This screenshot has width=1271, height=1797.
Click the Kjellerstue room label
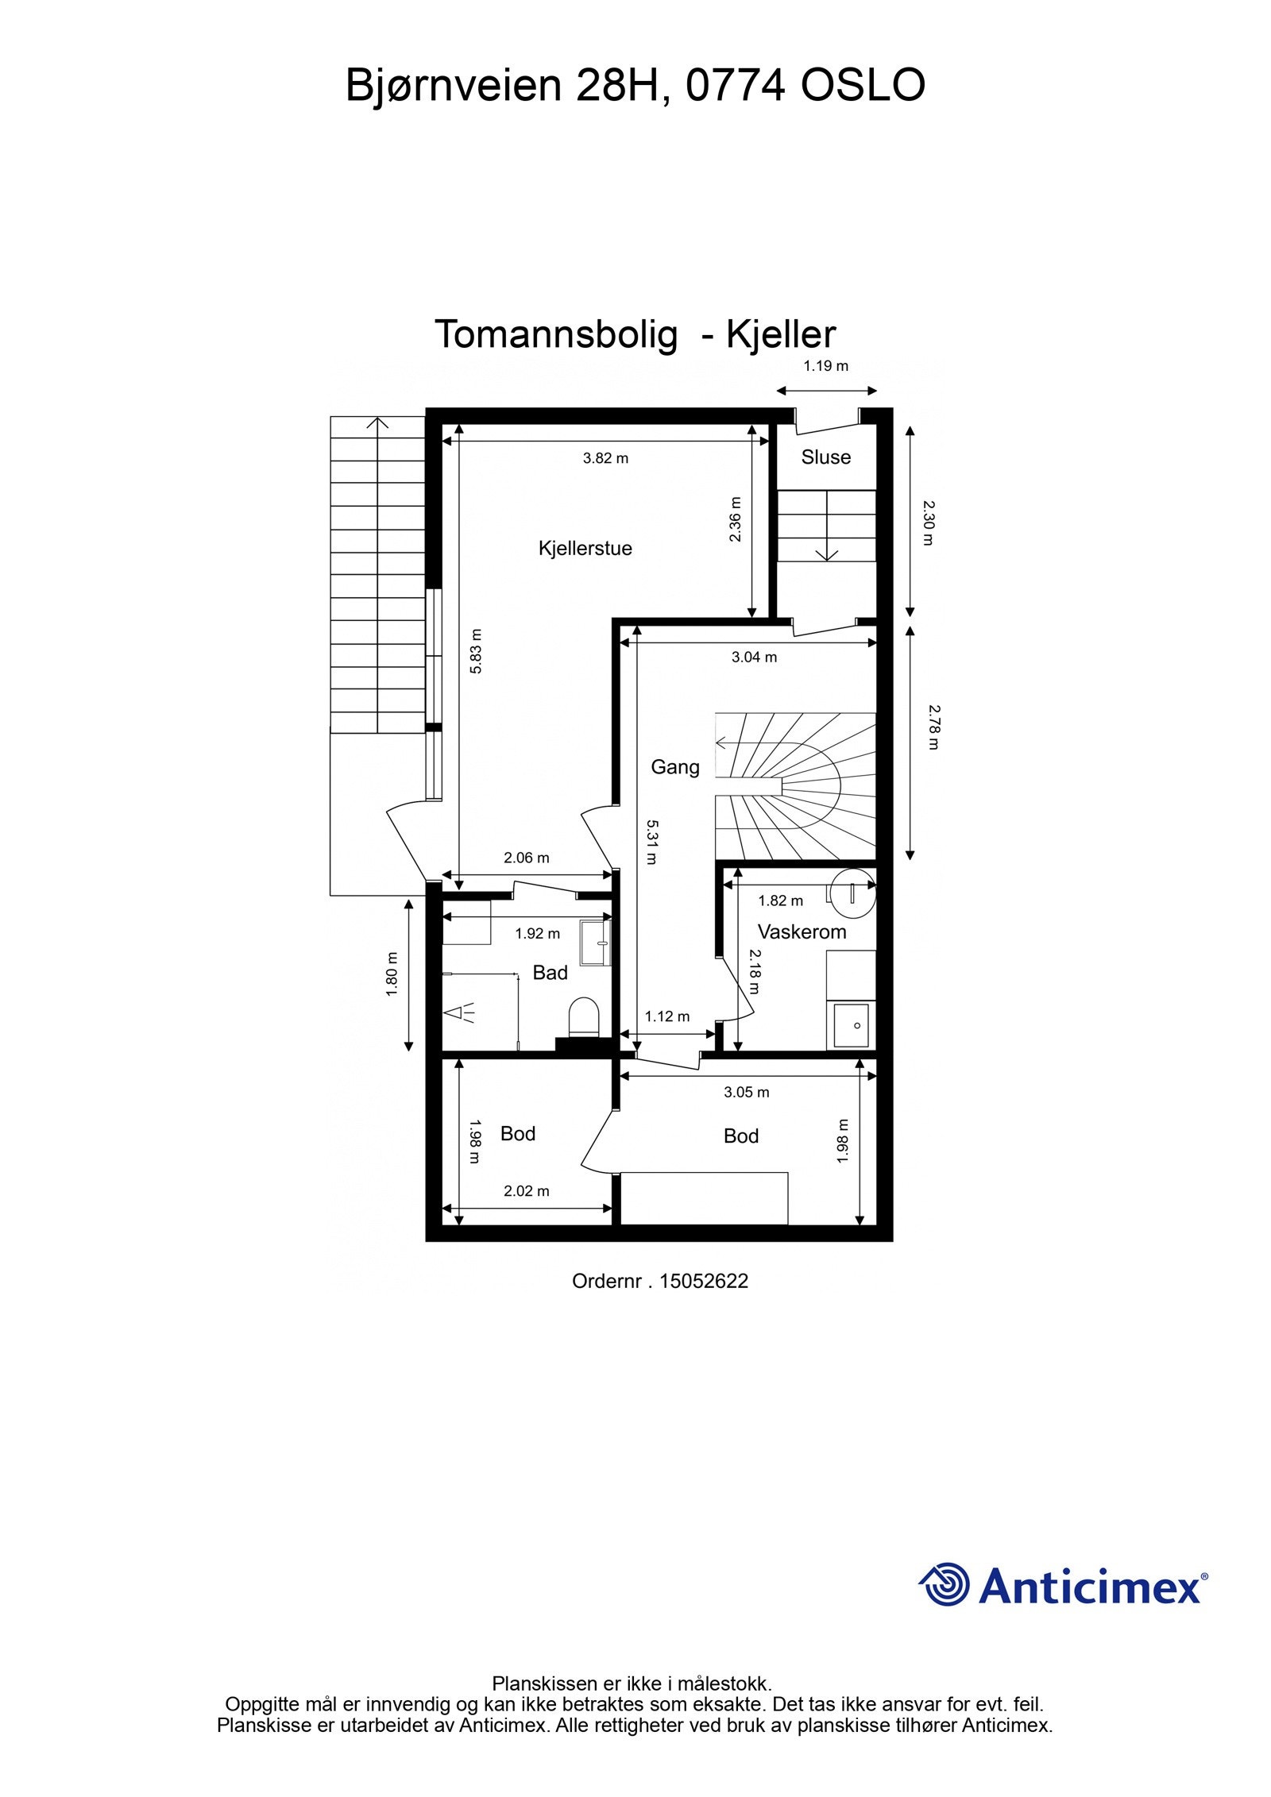tap(585, 548)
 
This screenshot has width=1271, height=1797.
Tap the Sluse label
tap(825, 457)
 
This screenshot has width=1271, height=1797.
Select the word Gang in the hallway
tap(675, 767)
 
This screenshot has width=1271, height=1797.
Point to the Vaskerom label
tap(802, 931)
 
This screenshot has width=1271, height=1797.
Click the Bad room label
tap(550, 973)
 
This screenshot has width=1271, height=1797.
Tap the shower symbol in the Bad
tap(460, 1012)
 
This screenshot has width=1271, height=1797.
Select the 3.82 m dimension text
tap(605, 457)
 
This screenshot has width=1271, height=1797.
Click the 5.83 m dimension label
tap(476, 651)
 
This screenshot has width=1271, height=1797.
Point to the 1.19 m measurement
tap(826, 366)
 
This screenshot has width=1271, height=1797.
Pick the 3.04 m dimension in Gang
tap(754, 657)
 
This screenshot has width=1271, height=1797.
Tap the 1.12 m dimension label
tap(666, 1016)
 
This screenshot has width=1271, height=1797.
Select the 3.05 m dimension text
tap(746, 1092)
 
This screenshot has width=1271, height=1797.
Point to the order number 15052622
tap(704, 1281)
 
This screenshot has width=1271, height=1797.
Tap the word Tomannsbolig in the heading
tap(556, 334)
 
